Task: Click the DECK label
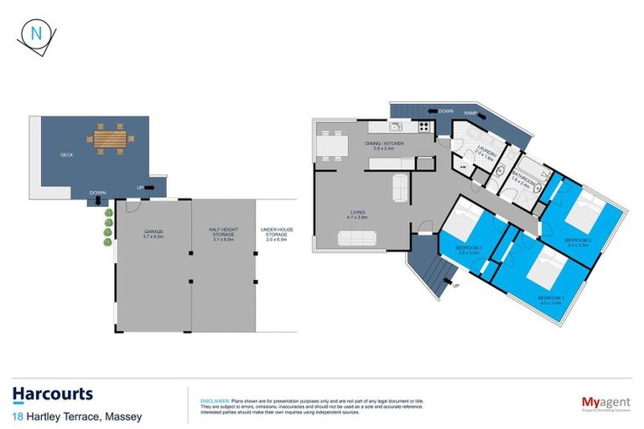click(x=66, y=155)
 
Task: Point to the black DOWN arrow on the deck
click(x=99, y=200)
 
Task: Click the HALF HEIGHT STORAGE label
click(x=221, y=235)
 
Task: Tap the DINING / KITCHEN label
click(x=384, y=144)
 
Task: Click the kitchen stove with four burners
click(x=424, y=127)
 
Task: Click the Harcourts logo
click(x=52, y=394)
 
